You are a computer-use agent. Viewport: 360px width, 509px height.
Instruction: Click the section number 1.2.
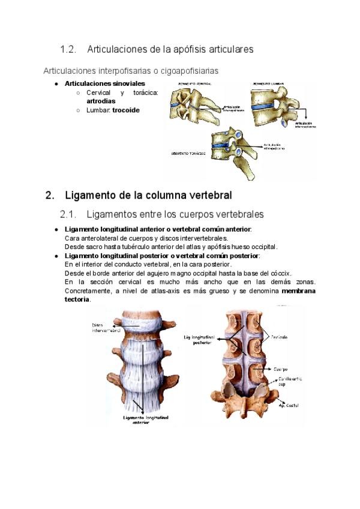click(x=69, y=49)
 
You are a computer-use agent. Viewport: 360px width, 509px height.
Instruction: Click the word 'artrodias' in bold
click(x=101, y=101)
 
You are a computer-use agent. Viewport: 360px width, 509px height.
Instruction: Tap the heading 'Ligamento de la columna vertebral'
click(x=148, y=196)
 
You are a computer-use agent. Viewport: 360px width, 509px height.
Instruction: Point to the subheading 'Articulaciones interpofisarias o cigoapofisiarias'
click(x=131, y=71)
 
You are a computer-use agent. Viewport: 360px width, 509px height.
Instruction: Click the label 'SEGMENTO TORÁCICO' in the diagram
click(x=188, y=154)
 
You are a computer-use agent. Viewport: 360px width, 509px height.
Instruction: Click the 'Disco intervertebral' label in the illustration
click(x=106, y=328)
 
